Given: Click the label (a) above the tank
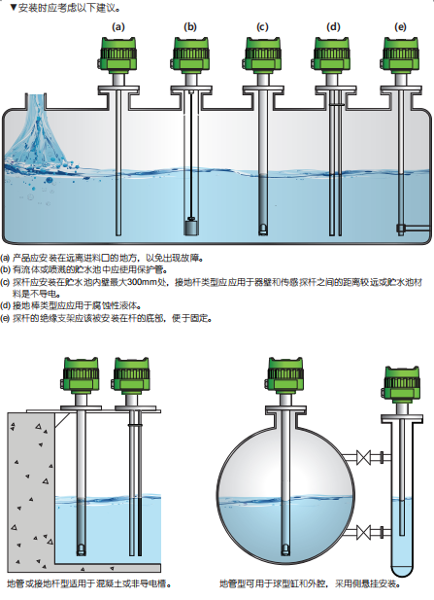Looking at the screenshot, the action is [x=118, y=27].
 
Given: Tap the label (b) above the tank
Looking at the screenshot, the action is [x=190, y=27].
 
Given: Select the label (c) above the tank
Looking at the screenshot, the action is [x=262, y=27].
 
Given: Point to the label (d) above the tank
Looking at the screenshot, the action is [x=333, y=27].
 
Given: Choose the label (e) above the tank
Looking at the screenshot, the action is [x=400, y=27].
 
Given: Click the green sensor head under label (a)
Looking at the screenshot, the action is [x=118, y=54].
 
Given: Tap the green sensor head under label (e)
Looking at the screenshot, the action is [x=400, y=54].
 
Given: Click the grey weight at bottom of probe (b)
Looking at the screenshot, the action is [x=190, y=227].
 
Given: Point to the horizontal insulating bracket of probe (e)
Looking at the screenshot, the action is [x=414, y=229].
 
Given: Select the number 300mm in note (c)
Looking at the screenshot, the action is [x=140, y=282].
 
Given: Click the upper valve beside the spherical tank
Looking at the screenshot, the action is [x=363, y=457].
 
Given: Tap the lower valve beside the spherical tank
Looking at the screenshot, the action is [x=363, y=532].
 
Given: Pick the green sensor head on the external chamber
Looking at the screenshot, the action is [x=401, y=384].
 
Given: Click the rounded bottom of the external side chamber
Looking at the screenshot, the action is [x=402, y=570].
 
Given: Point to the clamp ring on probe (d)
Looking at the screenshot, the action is [x=336, y=104].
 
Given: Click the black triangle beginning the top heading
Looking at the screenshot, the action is [x=13, y=8].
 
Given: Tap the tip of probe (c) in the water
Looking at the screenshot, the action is [x=263, y=229].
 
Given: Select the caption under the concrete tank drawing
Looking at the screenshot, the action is [x=88, y=583].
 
